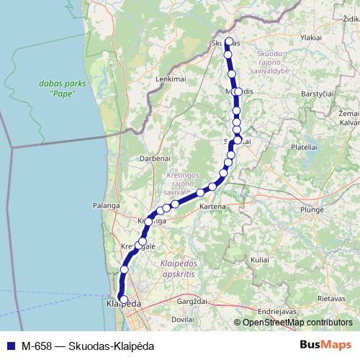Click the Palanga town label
[105, 205]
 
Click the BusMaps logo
[325, 344]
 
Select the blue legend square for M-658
[10, 345]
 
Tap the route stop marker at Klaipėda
[123, 300]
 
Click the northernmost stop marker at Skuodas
[229, 42]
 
